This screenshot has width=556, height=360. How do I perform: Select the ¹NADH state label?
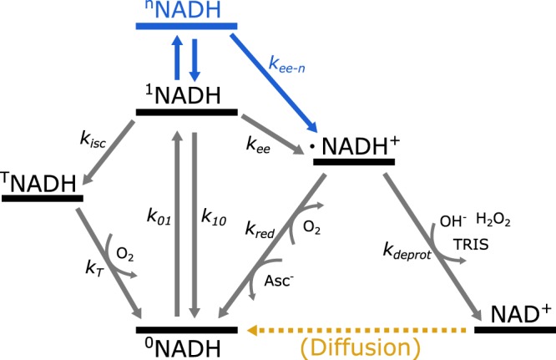click(188, 94)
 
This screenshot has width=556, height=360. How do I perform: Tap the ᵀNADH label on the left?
click(43, 180)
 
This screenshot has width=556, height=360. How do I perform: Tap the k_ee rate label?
click(257, 145)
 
